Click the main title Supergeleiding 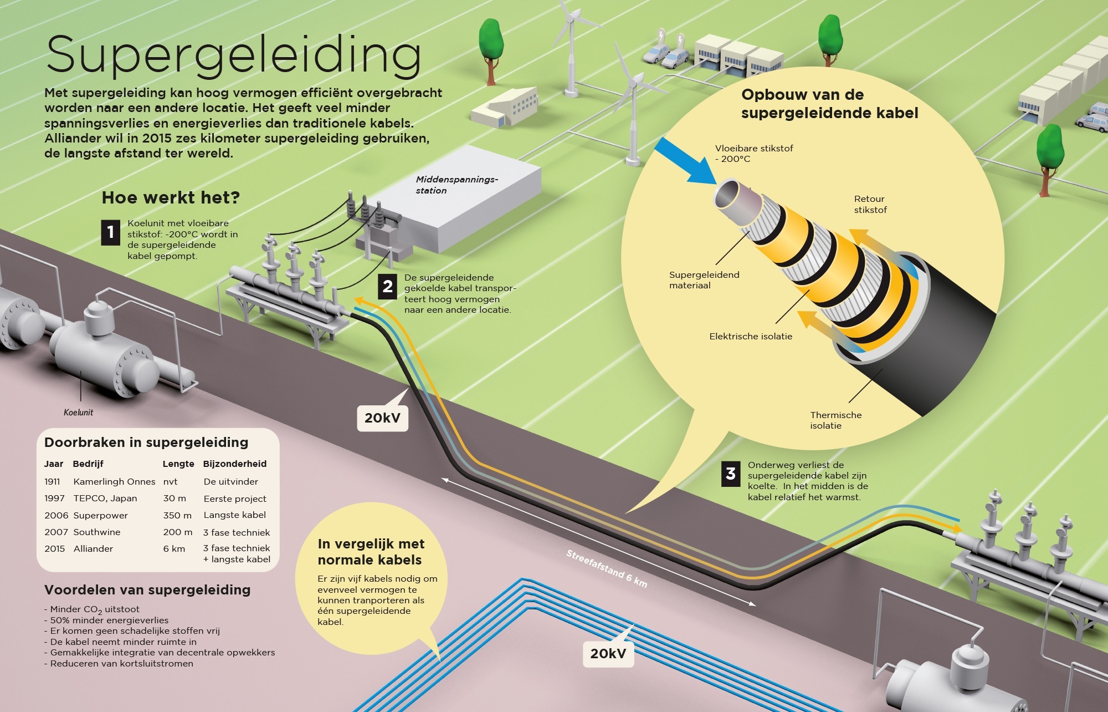tap(233, 55)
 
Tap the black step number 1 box tap(111, 232)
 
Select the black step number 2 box tap(387, 287)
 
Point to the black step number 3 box tap(731, 474)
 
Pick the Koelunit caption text tap(78, 413)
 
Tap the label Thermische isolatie tap(835, 420)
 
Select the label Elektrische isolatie tap(751, 337)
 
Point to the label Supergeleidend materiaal tap(704, 280)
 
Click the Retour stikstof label tap(870, 204)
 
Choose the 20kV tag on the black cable tap(382, 418)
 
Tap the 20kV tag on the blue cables tap(608, 654)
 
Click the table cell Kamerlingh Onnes tap(114, 482)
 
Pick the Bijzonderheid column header tap(235, 464)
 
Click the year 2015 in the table tap(54, 548)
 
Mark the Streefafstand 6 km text tap(606, 568)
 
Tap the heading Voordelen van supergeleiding tap(147, 590)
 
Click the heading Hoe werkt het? tap(171, 198)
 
